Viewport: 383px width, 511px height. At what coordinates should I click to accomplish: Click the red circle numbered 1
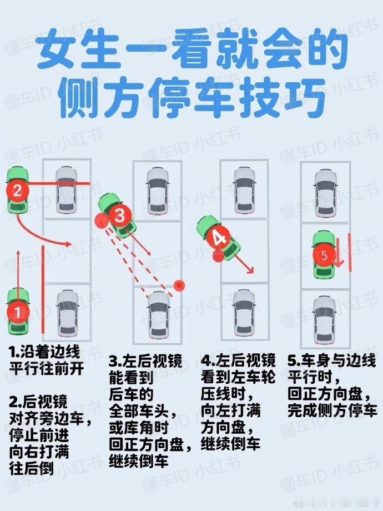pos(18,313)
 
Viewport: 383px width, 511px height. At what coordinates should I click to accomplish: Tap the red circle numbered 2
pos(18,189)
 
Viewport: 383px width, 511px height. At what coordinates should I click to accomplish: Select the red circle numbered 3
pos(120,216)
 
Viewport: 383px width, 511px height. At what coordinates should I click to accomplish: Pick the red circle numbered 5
pos(324,255)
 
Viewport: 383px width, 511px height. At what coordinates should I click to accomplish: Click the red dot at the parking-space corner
pos(179,285)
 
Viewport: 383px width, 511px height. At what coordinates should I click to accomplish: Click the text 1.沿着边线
pos(45,352)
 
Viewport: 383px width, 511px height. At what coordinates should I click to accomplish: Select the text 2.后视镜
pos(38,402)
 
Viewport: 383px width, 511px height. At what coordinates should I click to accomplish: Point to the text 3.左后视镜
pos(145,362)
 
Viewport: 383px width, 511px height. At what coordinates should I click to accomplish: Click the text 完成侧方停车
pos(332,410)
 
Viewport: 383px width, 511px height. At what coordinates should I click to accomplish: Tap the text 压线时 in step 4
pos(227,394)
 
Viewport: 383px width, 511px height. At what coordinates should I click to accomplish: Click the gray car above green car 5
pos(324,193)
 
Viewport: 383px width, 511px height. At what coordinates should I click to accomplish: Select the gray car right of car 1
pos(68,313)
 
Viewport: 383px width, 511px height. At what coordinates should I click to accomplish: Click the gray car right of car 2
pos(66,189)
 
